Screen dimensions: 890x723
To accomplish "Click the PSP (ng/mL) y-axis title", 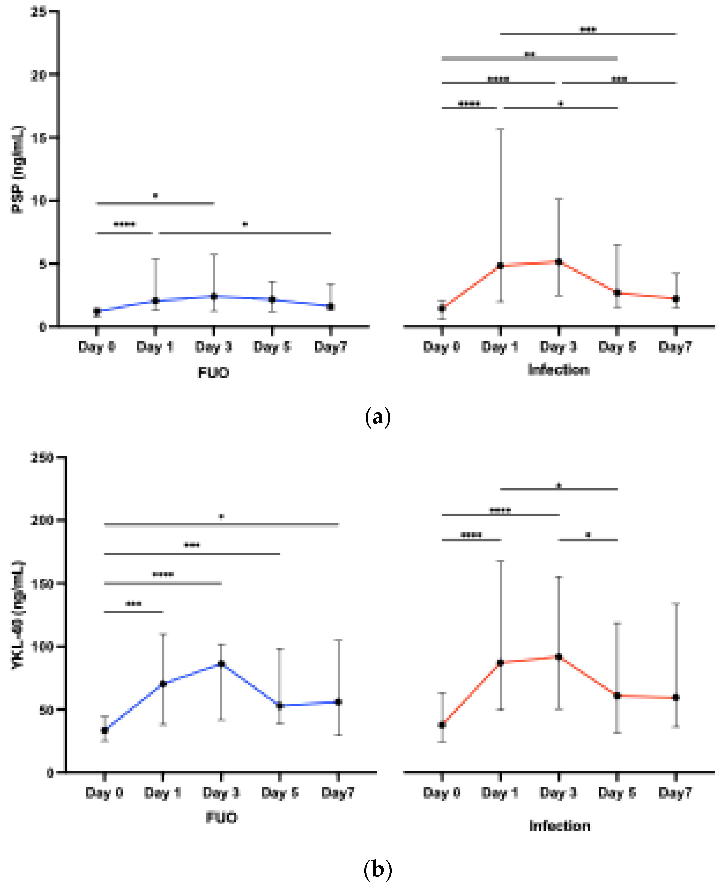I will click(x=18, y=169).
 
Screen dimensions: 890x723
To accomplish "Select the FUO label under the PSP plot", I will click(x=213, y=372).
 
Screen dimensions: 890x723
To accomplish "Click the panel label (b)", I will click(x=377, y=869).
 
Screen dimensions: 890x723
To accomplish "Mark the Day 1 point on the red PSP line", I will click(x=501, y=265).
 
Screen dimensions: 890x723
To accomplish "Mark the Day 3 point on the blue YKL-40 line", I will click(x=221, y=664).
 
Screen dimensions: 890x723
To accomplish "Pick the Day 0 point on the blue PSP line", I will click(x=97, y=311).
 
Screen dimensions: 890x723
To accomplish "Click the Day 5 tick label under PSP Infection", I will click(x=617, y=347).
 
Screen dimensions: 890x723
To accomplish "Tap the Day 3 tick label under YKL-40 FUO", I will click(x=221, y=792).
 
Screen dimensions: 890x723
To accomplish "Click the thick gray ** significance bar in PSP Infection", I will click(x=529, y=58).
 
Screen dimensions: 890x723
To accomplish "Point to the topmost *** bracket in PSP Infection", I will click(x=588, y=34).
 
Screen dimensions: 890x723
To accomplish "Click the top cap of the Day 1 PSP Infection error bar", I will click(x=501, y=129).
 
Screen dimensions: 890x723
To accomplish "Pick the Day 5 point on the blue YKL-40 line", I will click(x=280, y=706).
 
